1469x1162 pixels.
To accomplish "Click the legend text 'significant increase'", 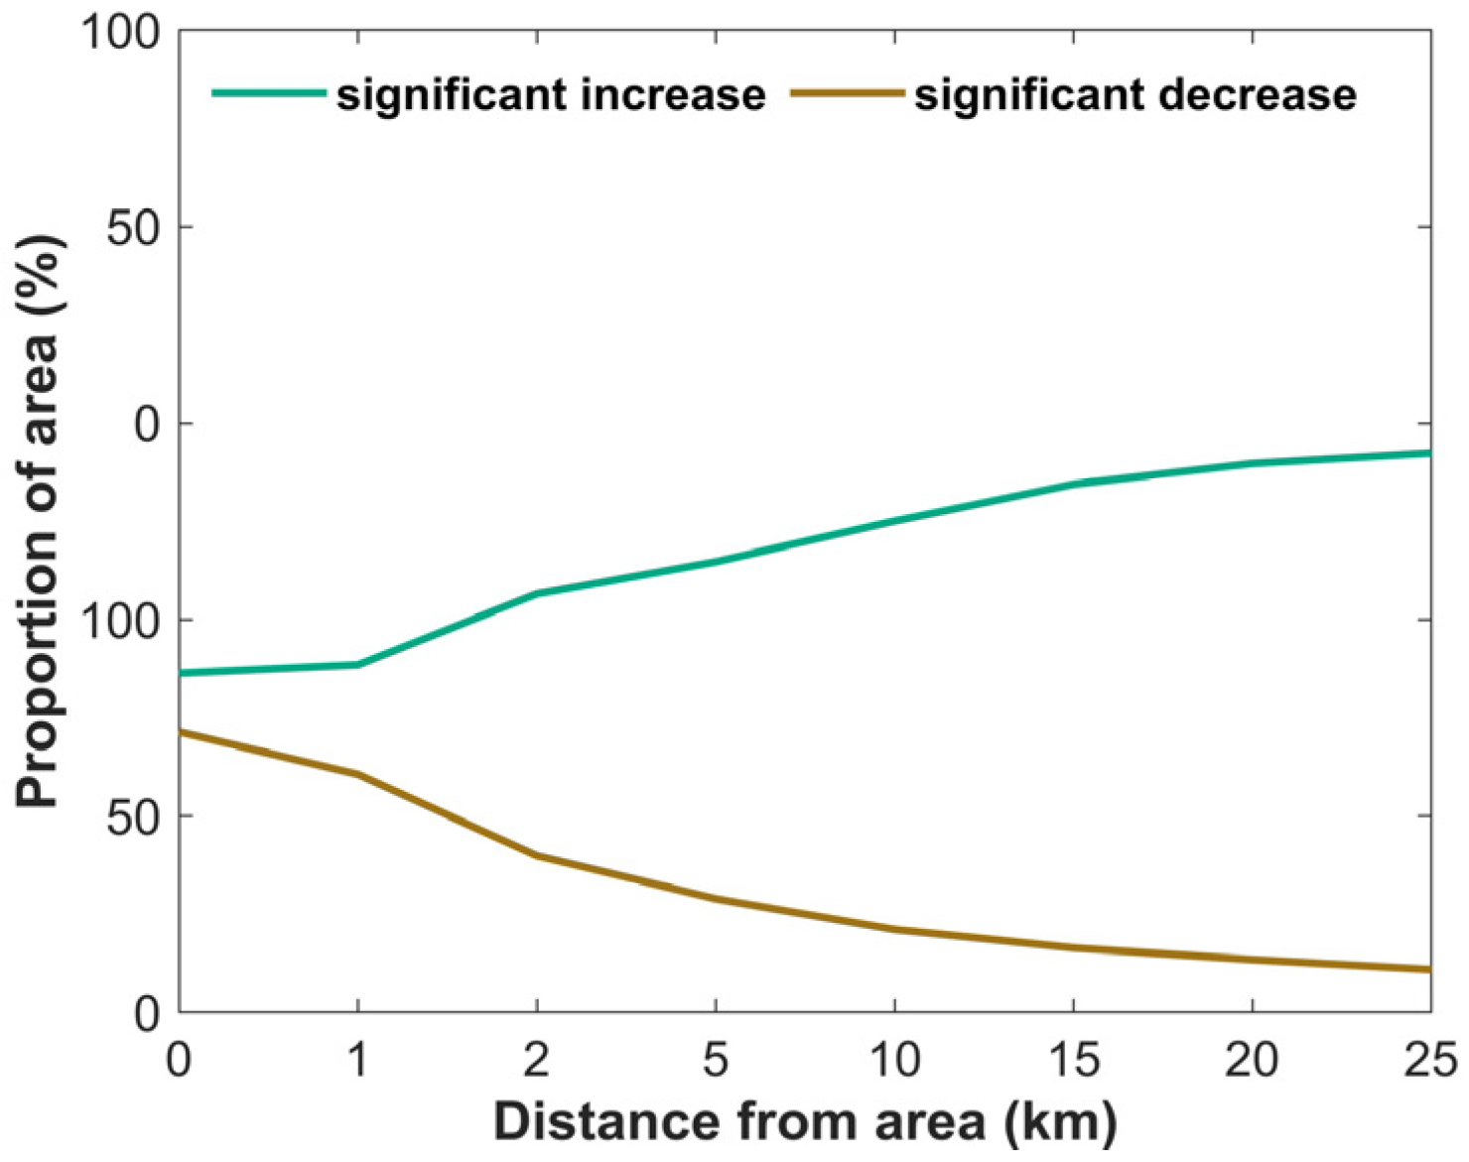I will point(551,95).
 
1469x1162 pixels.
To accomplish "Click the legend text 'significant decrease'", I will point(1135,95).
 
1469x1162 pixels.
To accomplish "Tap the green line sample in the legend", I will point(269,93).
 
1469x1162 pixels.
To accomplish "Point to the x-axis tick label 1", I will point(357,1060).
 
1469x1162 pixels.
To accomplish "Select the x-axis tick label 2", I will point(537,1060).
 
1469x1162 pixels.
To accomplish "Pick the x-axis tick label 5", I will point(716,1060).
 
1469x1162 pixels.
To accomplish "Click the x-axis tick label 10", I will point(894,1060).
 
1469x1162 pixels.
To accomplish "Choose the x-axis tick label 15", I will point(1073,1060).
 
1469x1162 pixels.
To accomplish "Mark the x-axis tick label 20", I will point(1252,1060).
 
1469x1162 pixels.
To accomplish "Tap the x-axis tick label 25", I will point(1430,1060).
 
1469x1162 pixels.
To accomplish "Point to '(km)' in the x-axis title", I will point(1060,1123).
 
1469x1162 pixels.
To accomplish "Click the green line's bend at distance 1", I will point(357,665).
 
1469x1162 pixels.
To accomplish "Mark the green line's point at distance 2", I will point(537,593).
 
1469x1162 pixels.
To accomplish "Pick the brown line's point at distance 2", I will point(537,855).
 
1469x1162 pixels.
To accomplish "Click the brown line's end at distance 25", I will point(1428,969).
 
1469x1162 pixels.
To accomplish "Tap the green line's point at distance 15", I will point(1073,484).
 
